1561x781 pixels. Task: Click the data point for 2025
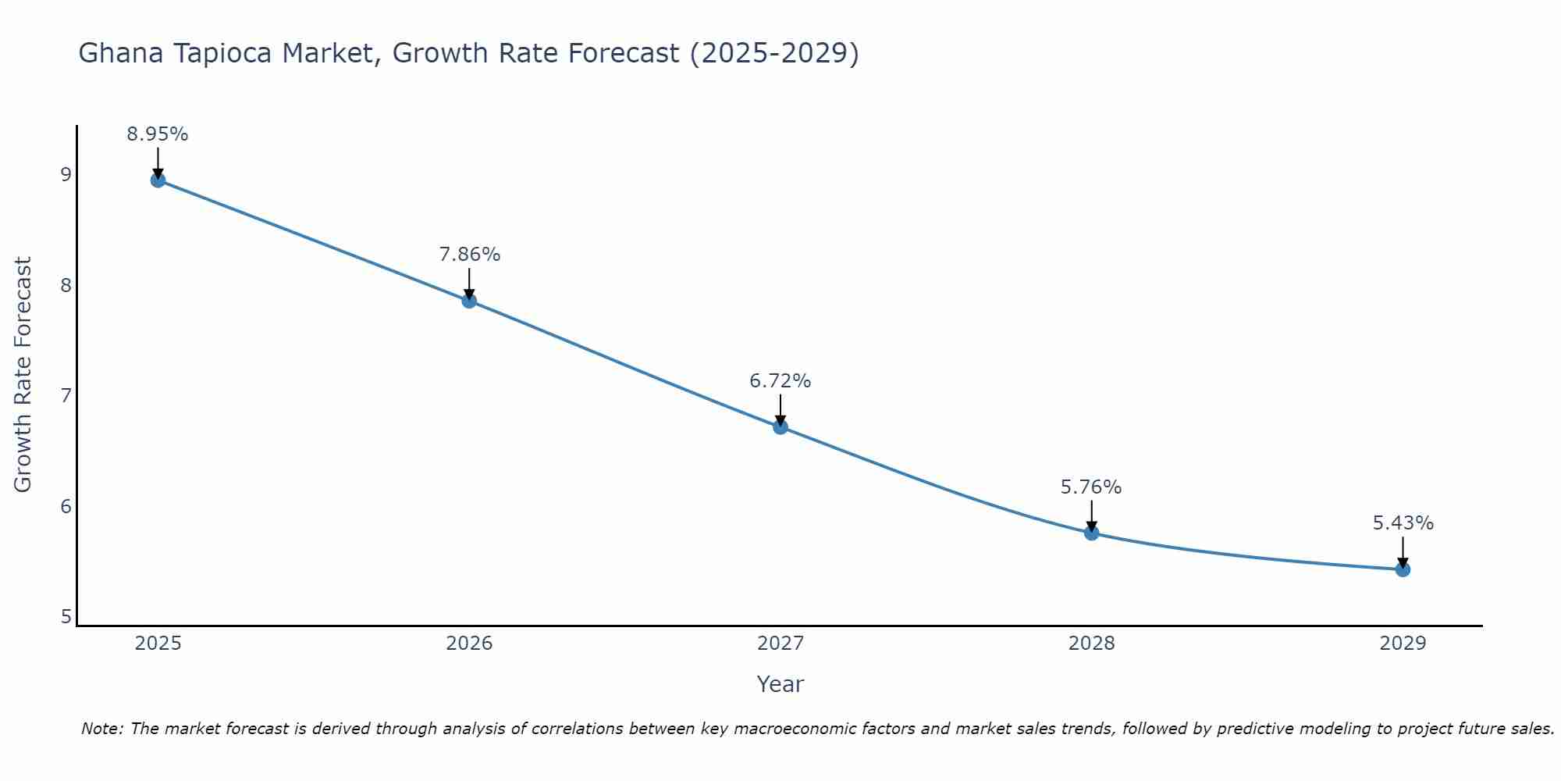(158, 180)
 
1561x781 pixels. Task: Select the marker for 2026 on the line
(469, 301)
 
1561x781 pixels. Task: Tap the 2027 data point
(780, 426)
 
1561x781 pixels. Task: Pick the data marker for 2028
(1091, 533)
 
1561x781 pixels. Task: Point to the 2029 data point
(1403, 569)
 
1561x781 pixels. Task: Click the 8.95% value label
(158, 134)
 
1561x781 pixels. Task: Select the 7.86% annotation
(469, 255)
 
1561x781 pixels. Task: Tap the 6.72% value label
(780, 381)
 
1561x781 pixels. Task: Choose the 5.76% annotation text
(1091, 487)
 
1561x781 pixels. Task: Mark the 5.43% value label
(1403, 523)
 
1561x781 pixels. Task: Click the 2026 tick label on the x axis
(469, 644)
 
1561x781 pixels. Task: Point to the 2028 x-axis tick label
(1091, 644)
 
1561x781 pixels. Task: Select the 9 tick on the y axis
(66, 174)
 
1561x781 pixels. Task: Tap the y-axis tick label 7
(66, 395)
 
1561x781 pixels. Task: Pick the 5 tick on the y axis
(66, 617)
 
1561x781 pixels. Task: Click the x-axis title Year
(780, 684)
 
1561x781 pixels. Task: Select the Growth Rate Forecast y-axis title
(23, 375)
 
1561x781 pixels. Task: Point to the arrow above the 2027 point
(780, 409)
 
